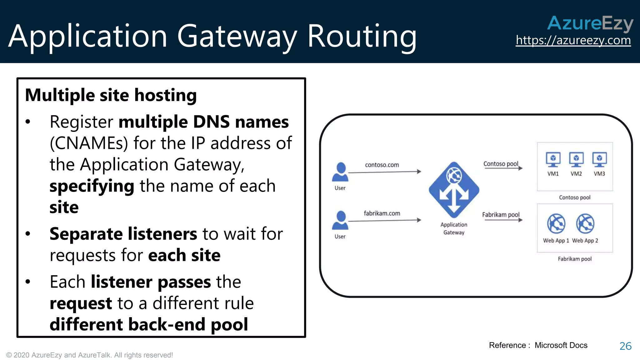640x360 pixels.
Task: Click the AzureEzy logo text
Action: click(590, 23)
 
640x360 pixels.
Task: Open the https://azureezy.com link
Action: click(573, 40)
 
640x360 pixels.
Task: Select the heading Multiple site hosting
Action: click(111, 95)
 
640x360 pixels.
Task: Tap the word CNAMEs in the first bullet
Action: click(89, 143)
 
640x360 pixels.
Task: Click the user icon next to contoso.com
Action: click(340, 172)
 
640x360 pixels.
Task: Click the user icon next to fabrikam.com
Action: click(340, 221)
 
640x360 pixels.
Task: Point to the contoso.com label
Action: click(382, 165)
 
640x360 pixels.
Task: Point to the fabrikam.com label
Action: click(382, 213)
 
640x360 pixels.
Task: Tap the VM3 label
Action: click(599, 174)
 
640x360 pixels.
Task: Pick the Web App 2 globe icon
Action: click(585, 224)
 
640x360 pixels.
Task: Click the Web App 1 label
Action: click(556, 241)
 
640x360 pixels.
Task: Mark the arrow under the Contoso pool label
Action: click(503, 168)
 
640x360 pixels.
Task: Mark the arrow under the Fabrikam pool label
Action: click(503, 220)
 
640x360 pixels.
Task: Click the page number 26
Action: click(625, 346)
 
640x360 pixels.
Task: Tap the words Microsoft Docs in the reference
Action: click(561, 345)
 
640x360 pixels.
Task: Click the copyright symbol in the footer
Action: click(9, 355)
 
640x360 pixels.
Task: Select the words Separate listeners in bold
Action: click(123, 234)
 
